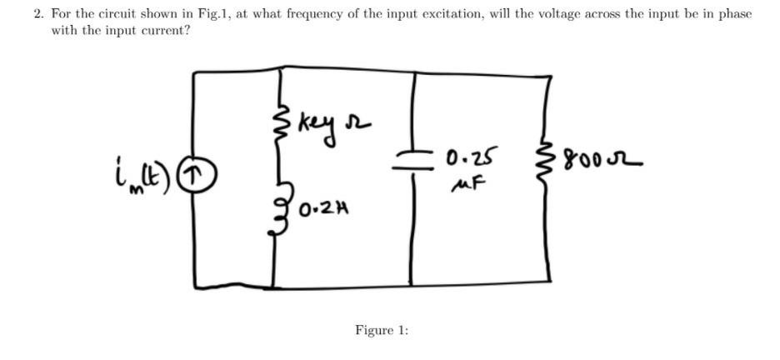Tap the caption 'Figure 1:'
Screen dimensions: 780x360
point(382,330)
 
